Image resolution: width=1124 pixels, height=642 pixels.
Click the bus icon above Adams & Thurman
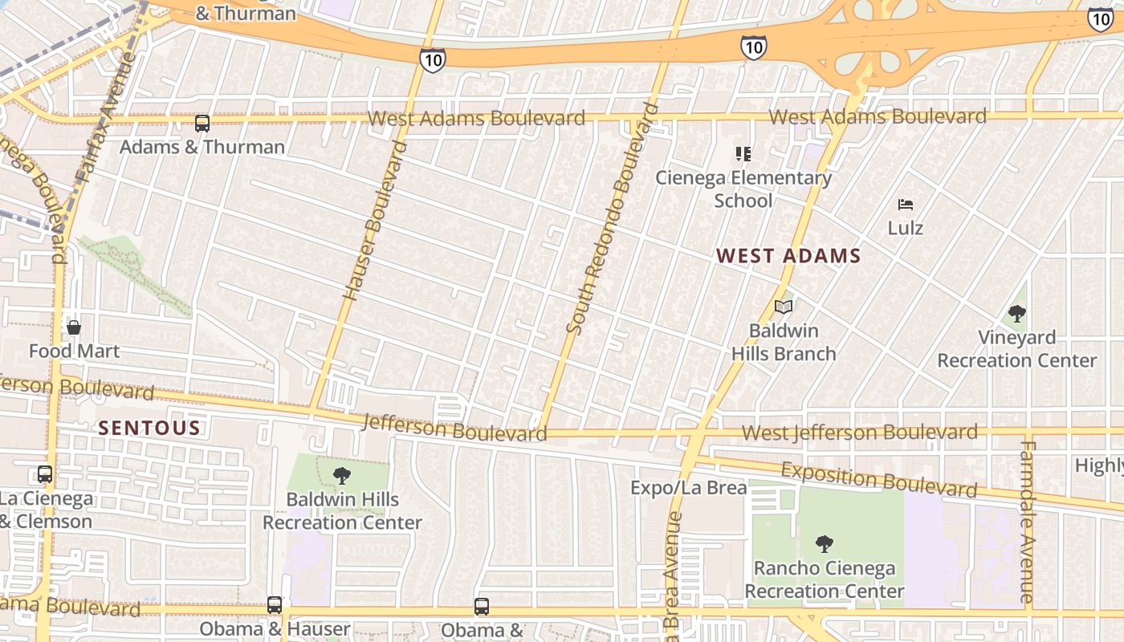[202, 124]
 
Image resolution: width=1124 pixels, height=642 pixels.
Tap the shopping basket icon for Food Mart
[74, 327]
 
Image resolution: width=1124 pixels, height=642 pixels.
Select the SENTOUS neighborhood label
[149, 428]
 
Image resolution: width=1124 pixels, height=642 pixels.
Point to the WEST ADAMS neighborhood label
[788, 256]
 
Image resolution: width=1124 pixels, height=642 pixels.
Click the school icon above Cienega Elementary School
[743, 153]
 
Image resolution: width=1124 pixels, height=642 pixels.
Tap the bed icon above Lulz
[906, 205]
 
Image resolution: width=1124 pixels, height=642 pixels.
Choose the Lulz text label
[906, 228]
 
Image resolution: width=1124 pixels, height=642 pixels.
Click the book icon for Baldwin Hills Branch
[784, 307]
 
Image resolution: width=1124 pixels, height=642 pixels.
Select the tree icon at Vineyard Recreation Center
[1017, 314]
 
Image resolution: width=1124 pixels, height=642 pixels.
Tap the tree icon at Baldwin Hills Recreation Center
[342, 476]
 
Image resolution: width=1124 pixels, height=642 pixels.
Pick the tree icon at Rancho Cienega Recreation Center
[824, 544]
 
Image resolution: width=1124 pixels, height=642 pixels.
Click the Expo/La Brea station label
[688, 487]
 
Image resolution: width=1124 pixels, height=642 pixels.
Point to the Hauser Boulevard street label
[375, 221]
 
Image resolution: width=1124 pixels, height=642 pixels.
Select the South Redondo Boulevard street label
[613, 218]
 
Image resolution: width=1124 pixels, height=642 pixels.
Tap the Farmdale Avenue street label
[1028, 522]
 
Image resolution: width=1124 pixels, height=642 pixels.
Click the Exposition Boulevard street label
[878, 479]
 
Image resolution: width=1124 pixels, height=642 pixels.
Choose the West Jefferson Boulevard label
[859, 433]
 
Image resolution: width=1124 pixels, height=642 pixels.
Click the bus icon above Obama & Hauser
[275, 605]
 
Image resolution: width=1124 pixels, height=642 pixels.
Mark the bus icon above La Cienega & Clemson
[45, 474]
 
